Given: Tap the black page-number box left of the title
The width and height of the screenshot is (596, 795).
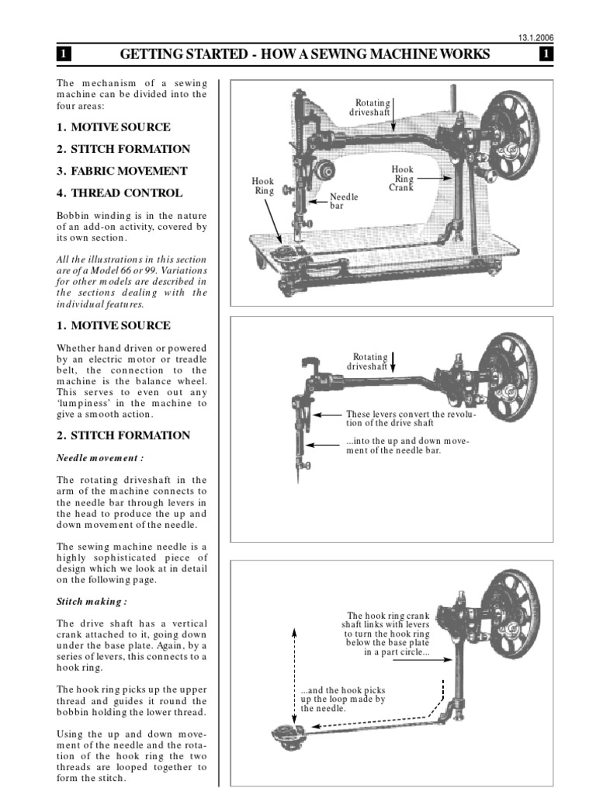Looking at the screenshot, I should (x=63, y=54).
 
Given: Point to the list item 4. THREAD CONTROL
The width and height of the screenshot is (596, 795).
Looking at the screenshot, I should (x=119, y=193).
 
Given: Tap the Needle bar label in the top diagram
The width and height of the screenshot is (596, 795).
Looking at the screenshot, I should (x=345, y=202).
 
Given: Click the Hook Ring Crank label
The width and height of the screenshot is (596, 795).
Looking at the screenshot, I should (x=402, y=178).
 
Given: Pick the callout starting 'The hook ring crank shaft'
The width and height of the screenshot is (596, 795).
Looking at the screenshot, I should (x=386, y=633).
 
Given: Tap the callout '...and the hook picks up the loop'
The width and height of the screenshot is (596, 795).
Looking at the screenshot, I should (x=342, y=699).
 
